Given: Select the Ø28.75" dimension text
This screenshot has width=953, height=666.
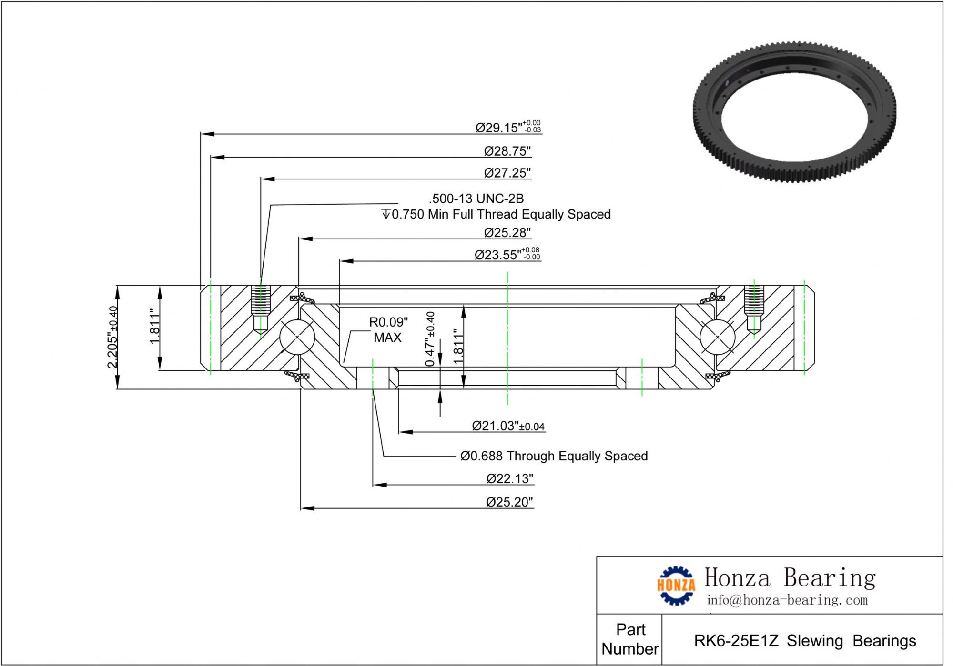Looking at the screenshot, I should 507,151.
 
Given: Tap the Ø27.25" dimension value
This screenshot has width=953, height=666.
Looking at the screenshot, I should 507,173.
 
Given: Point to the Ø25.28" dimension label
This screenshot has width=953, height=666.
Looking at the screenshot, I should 507,232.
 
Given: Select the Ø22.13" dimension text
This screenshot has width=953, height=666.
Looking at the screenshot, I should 509,478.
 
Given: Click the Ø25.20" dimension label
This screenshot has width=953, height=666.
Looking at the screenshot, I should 509,502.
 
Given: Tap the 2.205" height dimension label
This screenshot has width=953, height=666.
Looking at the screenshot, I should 112,337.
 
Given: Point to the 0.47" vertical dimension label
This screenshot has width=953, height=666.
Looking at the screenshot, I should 430,338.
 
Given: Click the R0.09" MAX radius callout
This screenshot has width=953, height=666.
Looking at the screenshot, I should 388,329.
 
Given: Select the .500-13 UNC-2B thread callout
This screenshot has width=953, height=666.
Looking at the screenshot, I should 476,199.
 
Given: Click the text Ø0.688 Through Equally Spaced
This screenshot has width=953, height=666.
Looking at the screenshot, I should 554,456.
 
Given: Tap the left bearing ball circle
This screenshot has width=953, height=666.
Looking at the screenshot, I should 297,337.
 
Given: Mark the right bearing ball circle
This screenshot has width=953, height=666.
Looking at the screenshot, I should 718,337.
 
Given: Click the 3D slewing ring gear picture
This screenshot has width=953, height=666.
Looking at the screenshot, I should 794,112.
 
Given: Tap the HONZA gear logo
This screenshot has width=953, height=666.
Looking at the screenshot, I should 676,585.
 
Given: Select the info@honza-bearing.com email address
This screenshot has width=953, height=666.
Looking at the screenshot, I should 787,600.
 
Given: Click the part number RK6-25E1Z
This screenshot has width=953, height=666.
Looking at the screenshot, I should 736,641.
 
